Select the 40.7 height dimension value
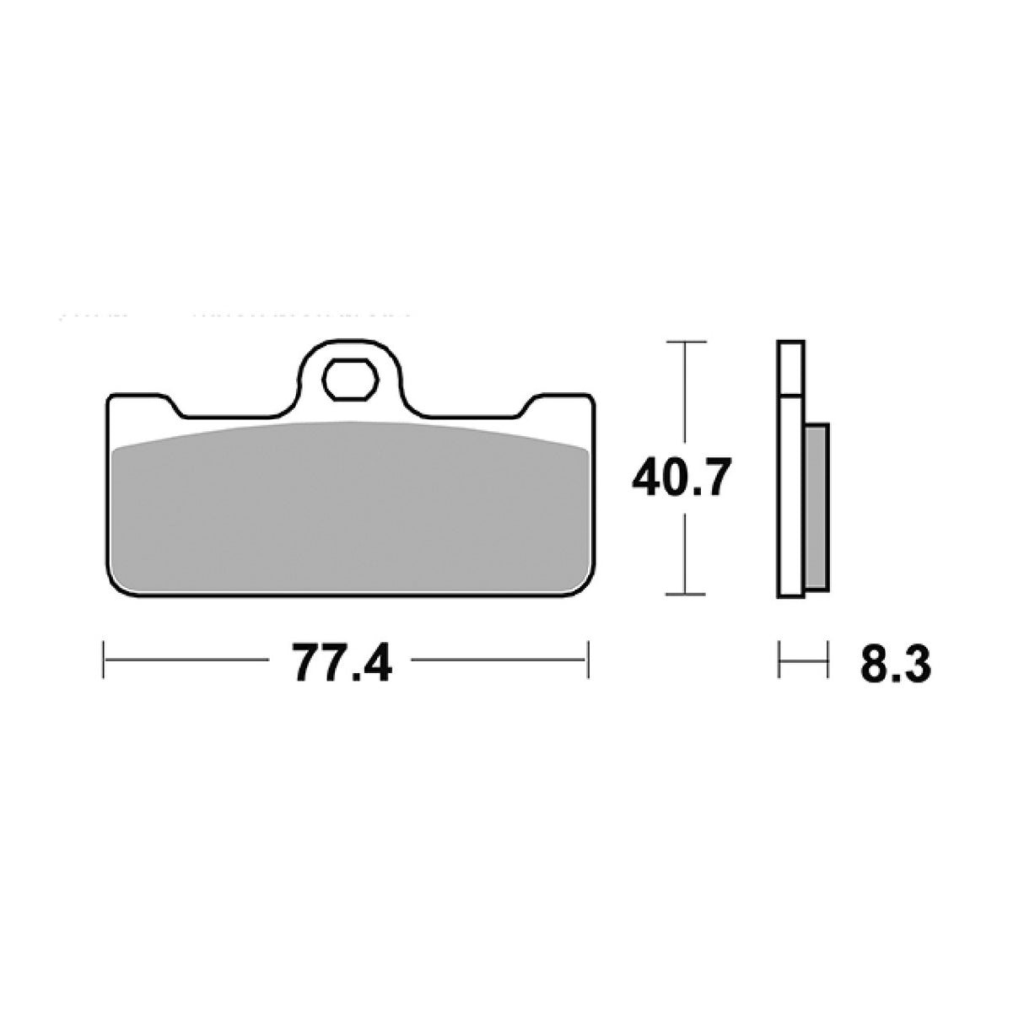pyautogui.click(x=678, y=479)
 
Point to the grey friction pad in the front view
pyautogui.click(x=348, y=506)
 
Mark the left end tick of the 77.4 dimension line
pyautogui.click(x=103, y=659)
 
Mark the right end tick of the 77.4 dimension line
pyautogui.click(x=588, y=659)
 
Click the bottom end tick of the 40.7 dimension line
pyautogui.click(x=685, y=595)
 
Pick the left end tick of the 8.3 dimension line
pyautogui.click(x=779, y=659)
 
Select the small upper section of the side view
pyautogui.click(x=791, y=368)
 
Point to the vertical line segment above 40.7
pyautogui.click(x=685, y=396)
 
